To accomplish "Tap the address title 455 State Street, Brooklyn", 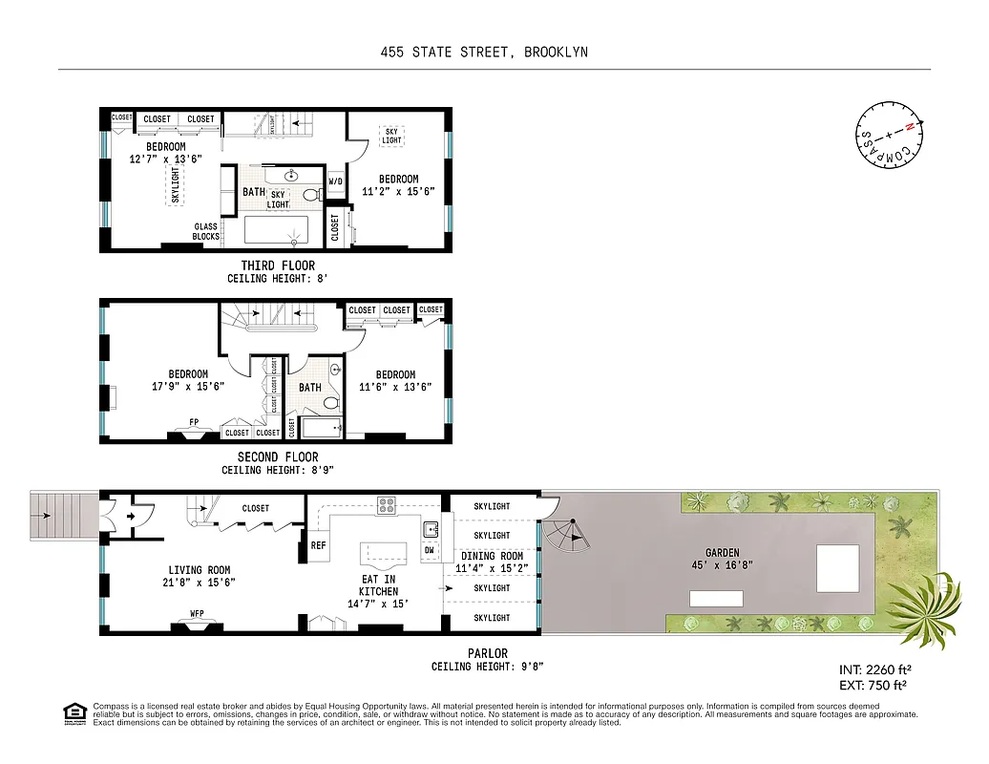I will pyautogui.click(x=483, y=52).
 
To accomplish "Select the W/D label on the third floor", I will pyautogui.click(x=336, y=181).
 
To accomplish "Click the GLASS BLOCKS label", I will pyautogui.click(x=206, y=232).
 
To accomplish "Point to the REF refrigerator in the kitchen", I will pyautogui.click(x=319, y=545).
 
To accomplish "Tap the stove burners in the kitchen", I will pyautogui.click(x=387, y=506).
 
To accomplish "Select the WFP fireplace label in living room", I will pyautogui.click(x=197, y=614).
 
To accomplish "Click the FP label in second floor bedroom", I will pyautogui.click(x=194, y=421).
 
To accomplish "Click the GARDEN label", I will pyautogui.click(x=722, y=552).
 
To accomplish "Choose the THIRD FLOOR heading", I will pyautogui.click(x=277, y=265).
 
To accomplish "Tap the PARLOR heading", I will pyautogui.click(x=488, y=653).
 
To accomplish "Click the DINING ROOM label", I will pyautogui.click(x=493, y=556).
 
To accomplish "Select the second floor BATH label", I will pyautogui.click(x=310, y=388).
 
